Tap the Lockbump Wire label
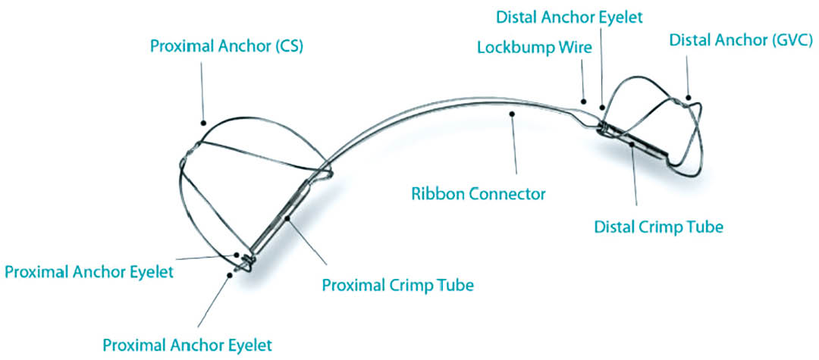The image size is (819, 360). pos(531,48)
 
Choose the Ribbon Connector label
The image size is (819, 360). pos(478,193)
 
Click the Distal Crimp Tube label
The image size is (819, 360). pos(658,227)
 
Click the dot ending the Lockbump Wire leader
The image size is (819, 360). pos(584,99)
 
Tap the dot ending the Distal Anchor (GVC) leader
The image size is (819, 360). pos(689,98)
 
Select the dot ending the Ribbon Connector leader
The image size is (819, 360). pos(513,114)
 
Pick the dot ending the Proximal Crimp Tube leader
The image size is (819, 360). pos(289,220)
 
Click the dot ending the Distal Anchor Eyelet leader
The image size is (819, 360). pos(602,106)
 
